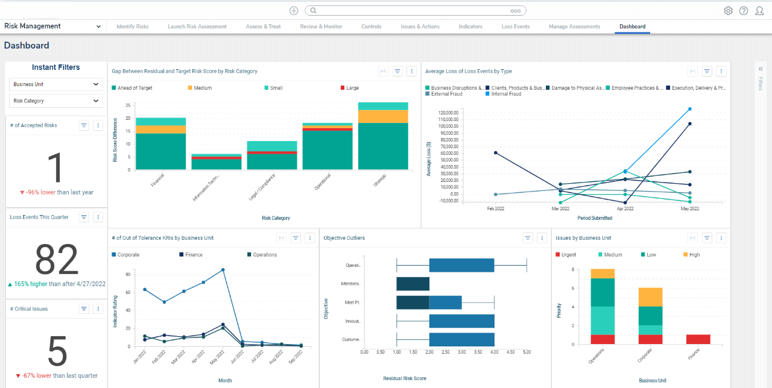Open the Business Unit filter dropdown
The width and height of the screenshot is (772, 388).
pos(55,84)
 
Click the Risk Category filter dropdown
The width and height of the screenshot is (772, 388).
pos(55,101)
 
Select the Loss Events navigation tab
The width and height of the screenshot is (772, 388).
pos(515,27)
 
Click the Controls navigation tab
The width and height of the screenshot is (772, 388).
pos(371,27)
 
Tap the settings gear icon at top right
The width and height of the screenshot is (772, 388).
pos(728,11)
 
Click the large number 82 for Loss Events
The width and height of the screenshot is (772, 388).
pos(57,260)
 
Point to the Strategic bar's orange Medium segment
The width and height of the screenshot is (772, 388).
pos(383,116)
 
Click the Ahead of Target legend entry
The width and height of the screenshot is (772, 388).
pos(134,88)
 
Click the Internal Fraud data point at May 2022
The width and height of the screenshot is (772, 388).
pos(689,109)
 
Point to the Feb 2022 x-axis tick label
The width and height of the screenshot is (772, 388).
pos(496,209)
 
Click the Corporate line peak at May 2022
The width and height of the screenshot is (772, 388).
pos(223,270)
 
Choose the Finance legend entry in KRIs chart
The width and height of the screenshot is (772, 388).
pos(194,255)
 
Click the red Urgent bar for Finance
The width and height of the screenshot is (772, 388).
pos(698,339)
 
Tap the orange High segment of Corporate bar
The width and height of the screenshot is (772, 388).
pos(650,298)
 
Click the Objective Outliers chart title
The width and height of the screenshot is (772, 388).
pos(344,238)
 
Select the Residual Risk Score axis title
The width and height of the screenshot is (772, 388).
pos(405,378)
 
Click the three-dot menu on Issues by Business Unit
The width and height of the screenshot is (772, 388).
pos(721,238)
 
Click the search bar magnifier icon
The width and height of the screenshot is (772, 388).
pos(313,11)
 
